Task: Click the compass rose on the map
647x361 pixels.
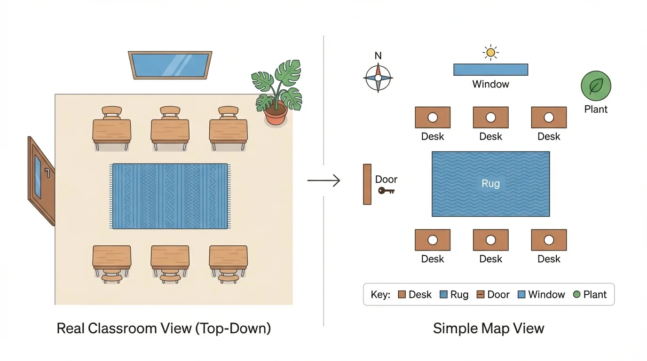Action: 378,78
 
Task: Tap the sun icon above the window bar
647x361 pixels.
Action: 490,53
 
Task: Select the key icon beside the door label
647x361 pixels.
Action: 386,191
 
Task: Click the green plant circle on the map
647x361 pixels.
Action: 596,86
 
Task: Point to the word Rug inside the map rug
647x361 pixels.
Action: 490,183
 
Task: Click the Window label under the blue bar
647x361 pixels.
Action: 490,85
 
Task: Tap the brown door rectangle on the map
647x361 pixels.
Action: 367,184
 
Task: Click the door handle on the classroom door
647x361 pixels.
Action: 47,172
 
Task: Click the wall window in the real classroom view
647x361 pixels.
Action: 170,65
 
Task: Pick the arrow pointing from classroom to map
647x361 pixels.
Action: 323,180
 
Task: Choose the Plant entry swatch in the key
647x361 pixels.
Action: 577,295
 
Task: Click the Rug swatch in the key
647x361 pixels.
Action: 443,295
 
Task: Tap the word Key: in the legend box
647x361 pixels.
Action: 380,295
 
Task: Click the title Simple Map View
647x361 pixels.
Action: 488,328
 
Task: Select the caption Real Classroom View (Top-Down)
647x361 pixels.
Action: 164,328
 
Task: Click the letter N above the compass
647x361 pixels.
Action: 378,56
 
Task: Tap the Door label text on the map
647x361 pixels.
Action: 386,179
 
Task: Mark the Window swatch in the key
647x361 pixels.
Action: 521,295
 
